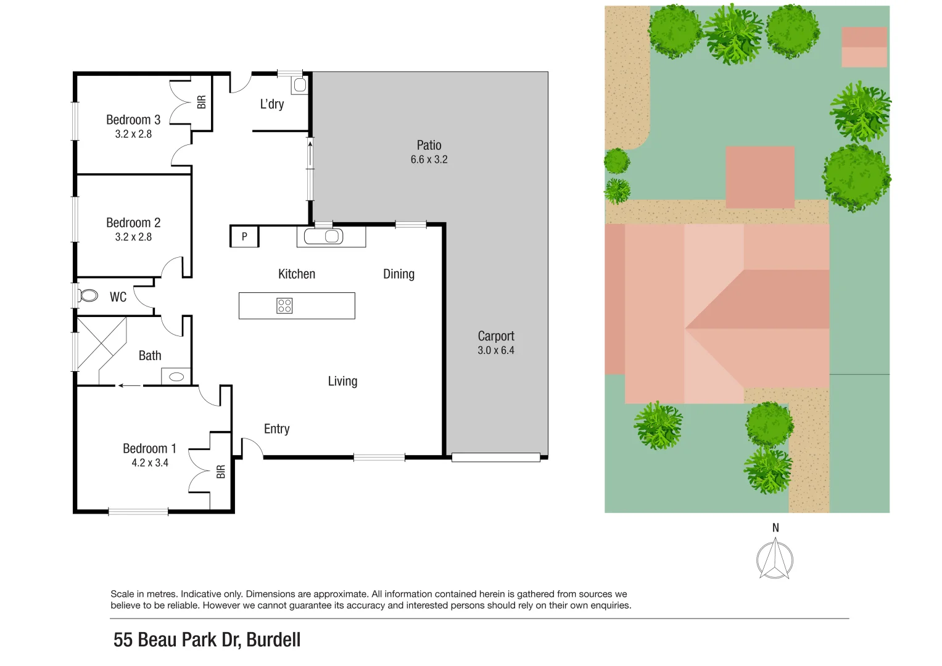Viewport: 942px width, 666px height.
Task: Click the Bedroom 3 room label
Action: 133,120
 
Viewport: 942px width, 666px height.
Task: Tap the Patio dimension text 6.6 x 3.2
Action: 429,160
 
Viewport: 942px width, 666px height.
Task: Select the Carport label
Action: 495,336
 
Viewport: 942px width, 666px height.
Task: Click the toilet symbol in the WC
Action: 89,296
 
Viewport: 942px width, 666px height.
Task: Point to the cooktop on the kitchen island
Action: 284,306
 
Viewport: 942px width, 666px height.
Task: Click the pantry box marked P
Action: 244,237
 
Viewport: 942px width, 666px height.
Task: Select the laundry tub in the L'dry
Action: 300,85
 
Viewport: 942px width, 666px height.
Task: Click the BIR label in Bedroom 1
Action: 221,472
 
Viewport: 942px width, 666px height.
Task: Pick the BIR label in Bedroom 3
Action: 202,102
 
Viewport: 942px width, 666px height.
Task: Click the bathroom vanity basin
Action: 176,376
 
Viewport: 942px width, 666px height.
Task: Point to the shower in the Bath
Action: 101,343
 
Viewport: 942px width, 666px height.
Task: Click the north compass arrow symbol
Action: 775,559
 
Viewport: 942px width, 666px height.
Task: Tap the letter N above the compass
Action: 775,528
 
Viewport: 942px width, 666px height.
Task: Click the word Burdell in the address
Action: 273,640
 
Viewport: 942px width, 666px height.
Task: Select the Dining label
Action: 399,274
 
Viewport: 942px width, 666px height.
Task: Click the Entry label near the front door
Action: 276,429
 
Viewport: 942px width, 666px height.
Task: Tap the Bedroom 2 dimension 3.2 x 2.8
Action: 133,237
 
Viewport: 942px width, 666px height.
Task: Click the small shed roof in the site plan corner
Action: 864,47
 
